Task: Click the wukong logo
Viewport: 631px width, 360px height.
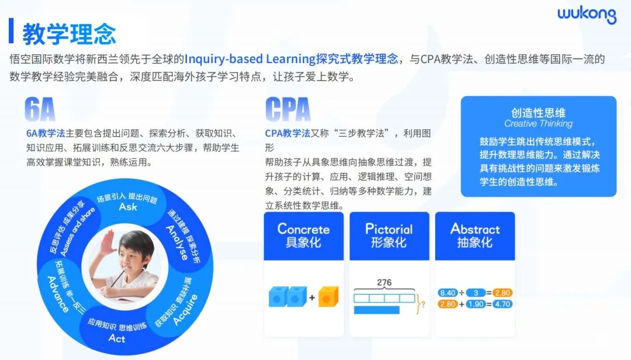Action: coord(587,15)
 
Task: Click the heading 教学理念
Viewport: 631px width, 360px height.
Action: coord(69,34)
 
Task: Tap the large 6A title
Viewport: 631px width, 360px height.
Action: coord(40,109)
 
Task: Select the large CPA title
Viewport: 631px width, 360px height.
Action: coord(287,109)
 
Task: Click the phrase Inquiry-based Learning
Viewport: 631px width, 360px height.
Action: coord(250,59)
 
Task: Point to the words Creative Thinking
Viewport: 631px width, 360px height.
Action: coord(538,124)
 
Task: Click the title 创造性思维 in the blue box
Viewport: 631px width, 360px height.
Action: coord(538,113)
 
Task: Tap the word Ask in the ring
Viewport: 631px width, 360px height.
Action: coord(128,207)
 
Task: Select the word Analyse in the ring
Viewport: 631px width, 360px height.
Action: coord(177,243)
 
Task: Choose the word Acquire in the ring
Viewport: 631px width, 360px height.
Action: coord(185,310)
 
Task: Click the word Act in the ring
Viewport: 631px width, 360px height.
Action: coord(117,338)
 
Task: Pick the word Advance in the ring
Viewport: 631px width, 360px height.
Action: coord(58,294)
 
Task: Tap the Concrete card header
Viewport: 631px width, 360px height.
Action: coord(303,236)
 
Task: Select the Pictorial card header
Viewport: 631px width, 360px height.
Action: coord(389,236)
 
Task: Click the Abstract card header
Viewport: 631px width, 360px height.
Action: coord(475,236)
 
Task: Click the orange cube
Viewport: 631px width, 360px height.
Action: coord(328,297)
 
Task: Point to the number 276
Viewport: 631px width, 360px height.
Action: coord(384,283)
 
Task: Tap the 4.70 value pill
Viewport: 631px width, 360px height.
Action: coord(502,304)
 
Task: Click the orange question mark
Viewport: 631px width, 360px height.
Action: coord(424,305)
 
